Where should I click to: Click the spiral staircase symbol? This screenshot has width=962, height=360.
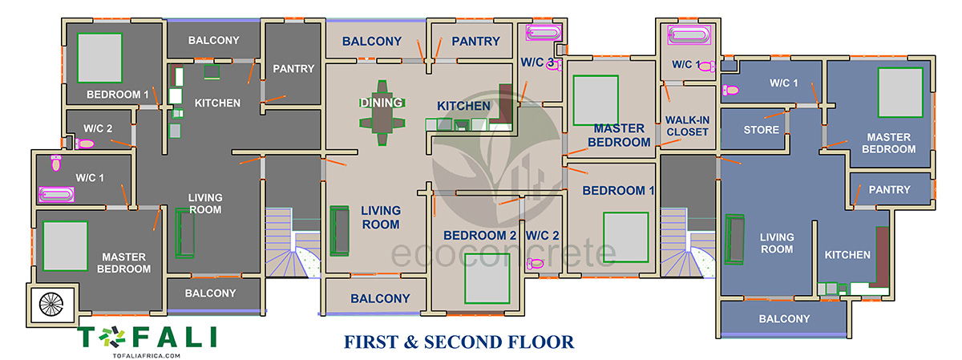point(51,304)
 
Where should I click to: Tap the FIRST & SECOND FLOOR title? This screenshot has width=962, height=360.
point(459,342)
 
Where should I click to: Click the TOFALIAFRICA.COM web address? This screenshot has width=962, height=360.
point(147,356)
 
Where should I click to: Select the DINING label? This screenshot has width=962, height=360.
point(382,103)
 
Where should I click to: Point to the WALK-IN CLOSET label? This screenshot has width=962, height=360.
point(687,126)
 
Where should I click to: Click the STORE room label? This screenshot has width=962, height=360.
point(761,130)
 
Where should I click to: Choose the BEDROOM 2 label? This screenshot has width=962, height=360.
point(479,236)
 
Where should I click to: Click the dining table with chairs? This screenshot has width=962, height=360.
point(382,112)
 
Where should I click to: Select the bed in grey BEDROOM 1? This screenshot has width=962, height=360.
point(99,58)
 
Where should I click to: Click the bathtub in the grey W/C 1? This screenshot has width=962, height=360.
point(56,194)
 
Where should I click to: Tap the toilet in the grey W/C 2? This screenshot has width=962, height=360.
point(85,144)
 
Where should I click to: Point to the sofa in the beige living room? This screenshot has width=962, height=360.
point(339,231)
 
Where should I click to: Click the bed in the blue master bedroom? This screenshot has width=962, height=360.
point(900,92)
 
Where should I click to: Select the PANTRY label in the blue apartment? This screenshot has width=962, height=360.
point(889,189)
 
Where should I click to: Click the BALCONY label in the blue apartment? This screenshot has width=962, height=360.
point(784,319)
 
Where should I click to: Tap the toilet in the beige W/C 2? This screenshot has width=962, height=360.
point(536,263)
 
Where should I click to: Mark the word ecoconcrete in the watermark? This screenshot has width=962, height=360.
point(503,253)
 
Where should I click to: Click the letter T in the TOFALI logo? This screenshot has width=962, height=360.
point(87,337)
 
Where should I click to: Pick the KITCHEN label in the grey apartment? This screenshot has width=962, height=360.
point(217,103)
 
